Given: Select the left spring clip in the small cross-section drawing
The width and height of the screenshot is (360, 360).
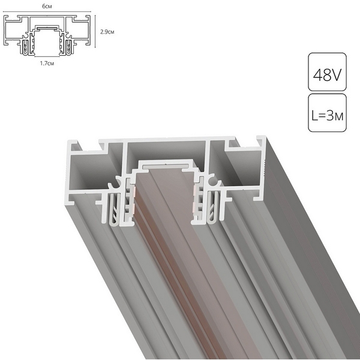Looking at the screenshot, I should pos(26,45).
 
